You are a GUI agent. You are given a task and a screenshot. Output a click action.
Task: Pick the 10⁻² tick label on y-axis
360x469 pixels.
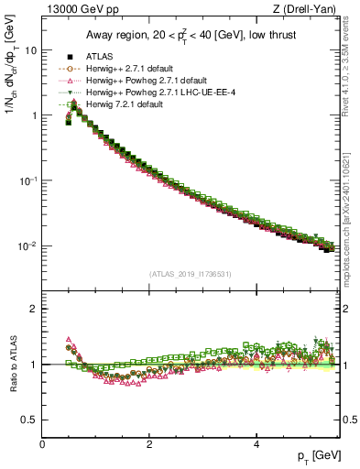27,245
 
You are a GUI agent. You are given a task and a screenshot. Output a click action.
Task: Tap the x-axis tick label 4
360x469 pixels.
256,443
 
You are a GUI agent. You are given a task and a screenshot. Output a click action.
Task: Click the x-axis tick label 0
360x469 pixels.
43,443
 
